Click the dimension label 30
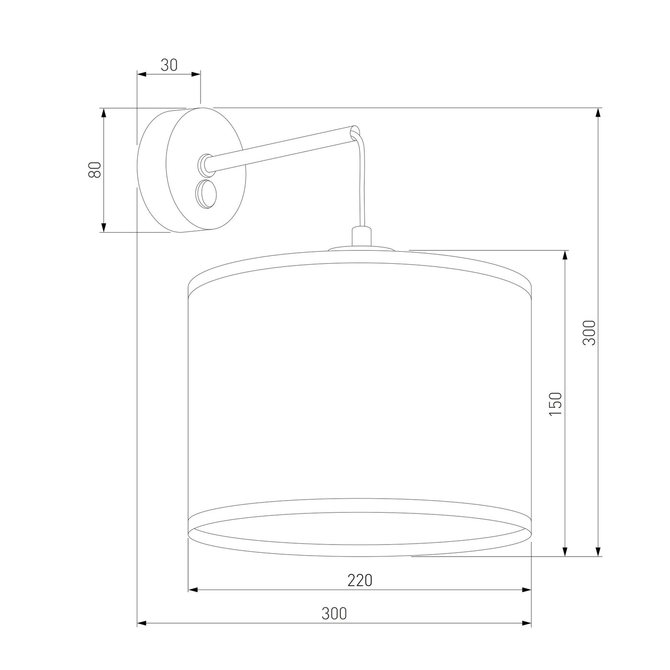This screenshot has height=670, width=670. click(169, 65)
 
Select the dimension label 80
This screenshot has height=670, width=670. click(95, 170)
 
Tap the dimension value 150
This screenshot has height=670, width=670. click(555, 403)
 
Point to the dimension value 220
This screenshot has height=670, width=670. click(360, 580)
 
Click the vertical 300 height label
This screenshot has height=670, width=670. click(589, 333)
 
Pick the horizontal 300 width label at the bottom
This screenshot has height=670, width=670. click(334, 614)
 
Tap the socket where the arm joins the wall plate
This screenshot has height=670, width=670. click(205, 164)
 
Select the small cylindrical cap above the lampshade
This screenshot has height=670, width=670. click(362, 236)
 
